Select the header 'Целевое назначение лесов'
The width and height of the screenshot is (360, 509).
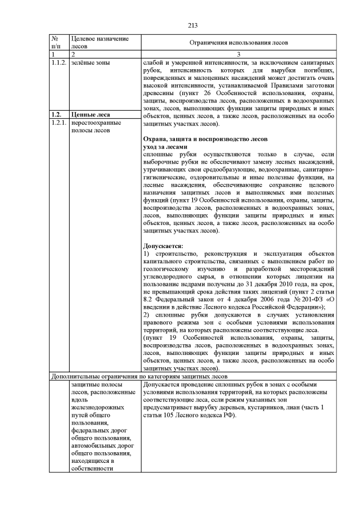tap(97, 42)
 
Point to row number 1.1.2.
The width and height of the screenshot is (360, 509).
tap(58, 62)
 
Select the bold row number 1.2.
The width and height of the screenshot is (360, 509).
tap(56, 114)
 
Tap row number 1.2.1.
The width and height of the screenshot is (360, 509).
tap(58, 122)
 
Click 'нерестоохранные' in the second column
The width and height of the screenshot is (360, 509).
tap(97, 122)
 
